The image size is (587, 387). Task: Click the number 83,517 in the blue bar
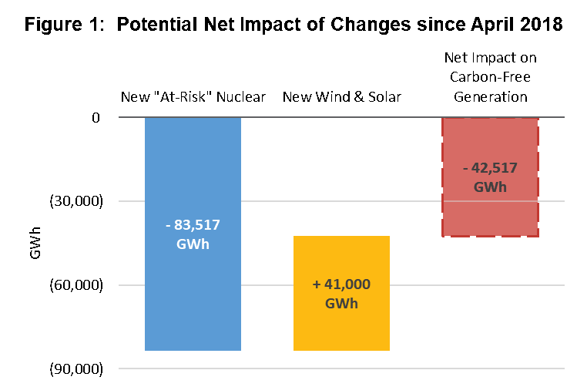tap(197, 225)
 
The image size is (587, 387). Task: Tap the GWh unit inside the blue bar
tap(193, 244)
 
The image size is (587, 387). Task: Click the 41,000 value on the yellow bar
tap(347, 284)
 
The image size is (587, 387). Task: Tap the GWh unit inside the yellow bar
tap(341, 304)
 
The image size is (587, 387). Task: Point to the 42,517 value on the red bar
tap(495, 168)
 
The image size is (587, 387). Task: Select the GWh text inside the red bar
tap(490, 187)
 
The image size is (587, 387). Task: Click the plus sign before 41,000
tap(316, 284)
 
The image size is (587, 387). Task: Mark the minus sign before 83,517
tap(168, 225)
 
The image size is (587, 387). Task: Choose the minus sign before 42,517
tap(465, 168)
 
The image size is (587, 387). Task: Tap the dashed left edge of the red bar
tap(442, 177)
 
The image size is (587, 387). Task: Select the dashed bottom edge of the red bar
tap(490, 236)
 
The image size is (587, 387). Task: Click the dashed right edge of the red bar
tap(538, 177)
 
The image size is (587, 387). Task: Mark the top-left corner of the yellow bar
tap(294, 237)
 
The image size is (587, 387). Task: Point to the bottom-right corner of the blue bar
tap(240, 350)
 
